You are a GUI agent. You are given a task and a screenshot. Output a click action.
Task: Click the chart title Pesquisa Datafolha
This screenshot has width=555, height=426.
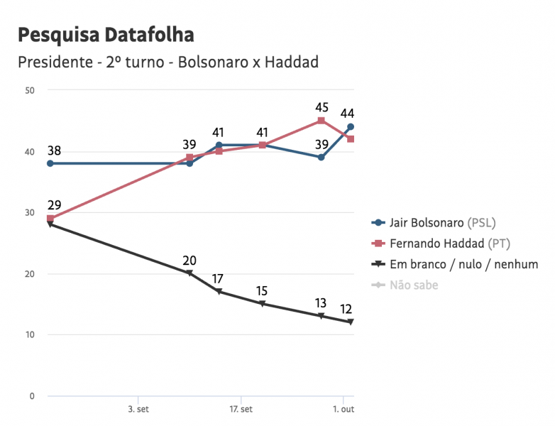[x=105, y=35]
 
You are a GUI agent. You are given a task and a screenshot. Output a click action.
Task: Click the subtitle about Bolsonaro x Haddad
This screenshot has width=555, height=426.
[x=167, y=62]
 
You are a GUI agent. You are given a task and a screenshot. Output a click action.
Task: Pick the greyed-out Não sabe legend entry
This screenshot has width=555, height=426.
[x=414, y=285]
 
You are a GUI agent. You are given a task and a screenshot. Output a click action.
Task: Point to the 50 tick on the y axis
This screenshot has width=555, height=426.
[x=30, y=90]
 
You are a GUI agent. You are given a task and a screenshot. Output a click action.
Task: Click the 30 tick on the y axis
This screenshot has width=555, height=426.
[x=30, y=212]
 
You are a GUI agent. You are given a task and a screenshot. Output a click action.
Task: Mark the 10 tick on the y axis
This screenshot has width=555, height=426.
[x=30, y=334]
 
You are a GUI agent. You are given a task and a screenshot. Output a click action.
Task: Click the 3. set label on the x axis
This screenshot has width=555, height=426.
[x=138, y=410]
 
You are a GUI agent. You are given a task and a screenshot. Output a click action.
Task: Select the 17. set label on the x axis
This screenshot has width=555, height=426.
[x=241, y=410]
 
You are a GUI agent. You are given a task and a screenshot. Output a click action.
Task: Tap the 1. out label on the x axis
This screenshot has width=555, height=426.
[x=344, y=410]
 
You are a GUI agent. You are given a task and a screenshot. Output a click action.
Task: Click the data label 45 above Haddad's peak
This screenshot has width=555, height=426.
[x=322, y=108]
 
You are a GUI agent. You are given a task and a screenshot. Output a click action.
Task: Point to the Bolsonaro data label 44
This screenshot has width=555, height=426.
[x=347, y=114]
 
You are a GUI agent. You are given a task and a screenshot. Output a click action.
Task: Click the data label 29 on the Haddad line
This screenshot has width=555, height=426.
[x=55, y=205]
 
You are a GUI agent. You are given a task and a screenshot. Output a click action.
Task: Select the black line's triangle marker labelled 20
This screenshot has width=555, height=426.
[x=189, y=273]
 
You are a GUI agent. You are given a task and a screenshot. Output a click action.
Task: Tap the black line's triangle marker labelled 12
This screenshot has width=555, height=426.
[x=350, y=322]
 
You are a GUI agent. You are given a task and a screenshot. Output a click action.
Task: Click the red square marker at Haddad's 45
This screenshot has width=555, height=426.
[x=321, y=121]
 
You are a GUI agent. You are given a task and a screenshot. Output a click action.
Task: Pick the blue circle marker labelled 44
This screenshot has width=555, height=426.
[x=350, y=127]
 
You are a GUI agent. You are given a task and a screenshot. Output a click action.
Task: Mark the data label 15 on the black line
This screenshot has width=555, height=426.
[x=262, y=290]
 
